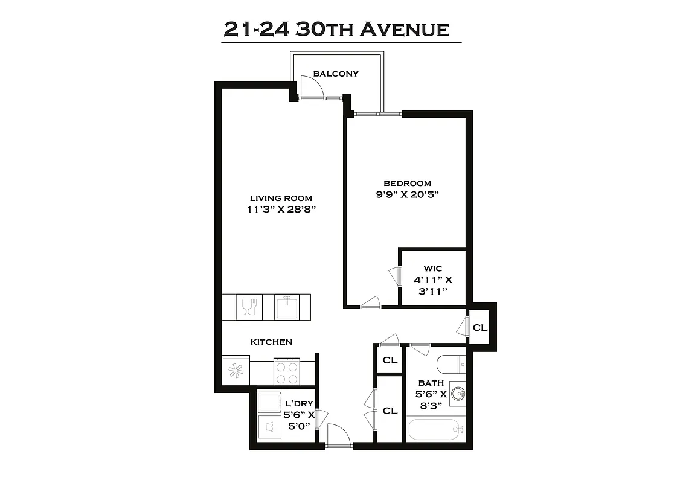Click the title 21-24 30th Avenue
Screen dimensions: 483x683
click(x=336, y=29)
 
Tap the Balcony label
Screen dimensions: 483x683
click(x=336, y=74)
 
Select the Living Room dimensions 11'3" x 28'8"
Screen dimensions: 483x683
click(x=281, y=210)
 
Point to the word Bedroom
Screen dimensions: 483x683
click(x=408, y=183)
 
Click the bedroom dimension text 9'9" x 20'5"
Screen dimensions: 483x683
click(x=408, y=194)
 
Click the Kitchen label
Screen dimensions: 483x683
click(x=271, y=342)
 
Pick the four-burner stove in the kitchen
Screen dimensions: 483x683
click(x=287, y=371)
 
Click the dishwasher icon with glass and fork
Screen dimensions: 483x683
click(x=249, y=307)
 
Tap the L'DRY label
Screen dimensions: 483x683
click(x=298, y=403)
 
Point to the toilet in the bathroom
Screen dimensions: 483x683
click(x=450, y=364)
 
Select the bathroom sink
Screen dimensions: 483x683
click(x=458, y=394)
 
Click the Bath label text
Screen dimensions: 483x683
click(x=431, y=383)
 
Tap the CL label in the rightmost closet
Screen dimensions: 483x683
click(x=479, y=328)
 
